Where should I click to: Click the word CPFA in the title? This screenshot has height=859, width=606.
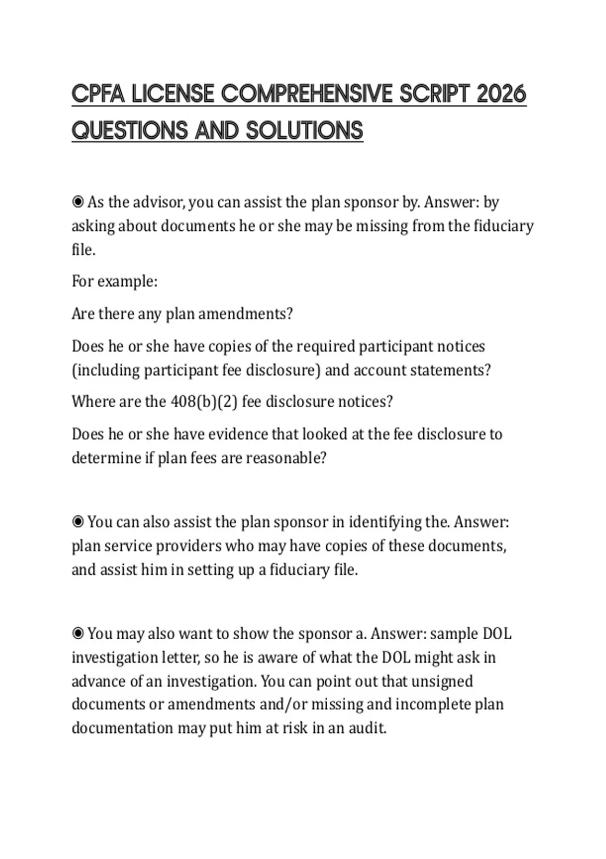coord(98,94)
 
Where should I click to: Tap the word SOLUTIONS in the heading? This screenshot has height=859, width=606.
coord(305,131)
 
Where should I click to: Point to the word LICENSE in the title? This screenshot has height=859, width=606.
coord(173,94)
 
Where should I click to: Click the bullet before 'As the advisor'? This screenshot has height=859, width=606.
coord(78,202)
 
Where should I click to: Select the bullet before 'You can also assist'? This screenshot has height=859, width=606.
coord(78,521)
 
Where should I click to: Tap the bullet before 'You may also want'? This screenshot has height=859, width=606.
coord(78,633)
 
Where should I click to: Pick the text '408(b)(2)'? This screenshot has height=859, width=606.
coord(205,402)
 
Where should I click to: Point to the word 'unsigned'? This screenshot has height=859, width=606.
coord(442,681)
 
